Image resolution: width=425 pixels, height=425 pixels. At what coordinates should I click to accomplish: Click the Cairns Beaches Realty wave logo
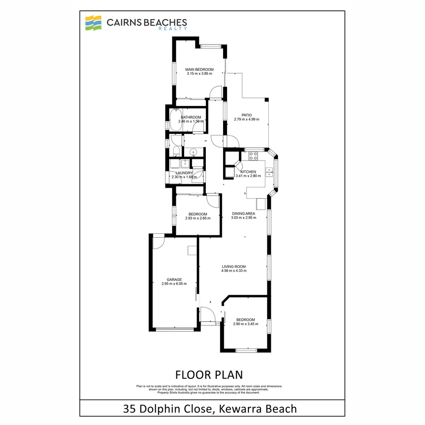coord(94,23)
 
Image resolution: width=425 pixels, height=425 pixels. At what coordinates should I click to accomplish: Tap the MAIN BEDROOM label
coord(200,70)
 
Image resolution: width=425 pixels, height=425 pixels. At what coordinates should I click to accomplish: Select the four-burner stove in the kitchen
coord(253,156)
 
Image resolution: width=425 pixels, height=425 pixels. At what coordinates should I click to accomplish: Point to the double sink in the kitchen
coord(270,171)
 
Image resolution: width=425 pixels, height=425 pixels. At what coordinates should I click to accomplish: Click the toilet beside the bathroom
coord(176,151)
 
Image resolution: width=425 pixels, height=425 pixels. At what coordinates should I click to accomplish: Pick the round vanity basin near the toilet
coord(194,152)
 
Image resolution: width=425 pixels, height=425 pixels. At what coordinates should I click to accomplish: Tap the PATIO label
coord(247,115)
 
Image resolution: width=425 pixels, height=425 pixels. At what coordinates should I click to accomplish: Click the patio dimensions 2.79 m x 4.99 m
coord(247,120)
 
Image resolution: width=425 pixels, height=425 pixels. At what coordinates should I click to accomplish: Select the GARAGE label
coord(174,279)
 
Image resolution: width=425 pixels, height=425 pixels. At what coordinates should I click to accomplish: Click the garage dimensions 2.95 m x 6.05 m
coord(174,284)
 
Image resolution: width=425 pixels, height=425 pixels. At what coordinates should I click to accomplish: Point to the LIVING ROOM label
coord(234,266)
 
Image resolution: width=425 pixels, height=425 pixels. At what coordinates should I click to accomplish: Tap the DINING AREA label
coord(244,214)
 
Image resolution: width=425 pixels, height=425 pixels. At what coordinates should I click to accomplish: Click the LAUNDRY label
coord(184,173)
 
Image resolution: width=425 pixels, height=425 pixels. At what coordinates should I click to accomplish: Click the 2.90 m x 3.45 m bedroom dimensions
coord(246,324)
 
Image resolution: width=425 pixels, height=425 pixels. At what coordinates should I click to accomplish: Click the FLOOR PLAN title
coord(209,374)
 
